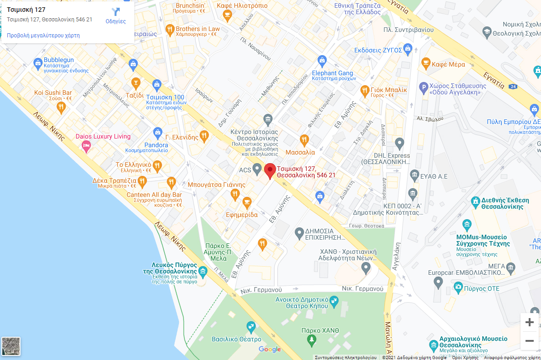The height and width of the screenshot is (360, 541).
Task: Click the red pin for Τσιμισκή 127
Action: point(270,170)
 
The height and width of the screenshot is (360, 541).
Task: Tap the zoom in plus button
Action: point(529,322)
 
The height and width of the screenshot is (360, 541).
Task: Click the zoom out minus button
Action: point(529,340)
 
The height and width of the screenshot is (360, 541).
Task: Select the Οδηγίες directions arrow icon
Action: point(116,12)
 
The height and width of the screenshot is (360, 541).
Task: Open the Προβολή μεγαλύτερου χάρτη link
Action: point(43,35)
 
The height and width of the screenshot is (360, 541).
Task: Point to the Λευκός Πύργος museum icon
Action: point(203,272)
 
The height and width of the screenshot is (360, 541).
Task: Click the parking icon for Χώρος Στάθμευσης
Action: point(423,87)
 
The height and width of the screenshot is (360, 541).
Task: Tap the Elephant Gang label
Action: point(332,73)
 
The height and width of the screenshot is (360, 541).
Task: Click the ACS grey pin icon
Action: point(257,170)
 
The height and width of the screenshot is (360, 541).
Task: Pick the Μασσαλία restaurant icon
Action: point(304,140)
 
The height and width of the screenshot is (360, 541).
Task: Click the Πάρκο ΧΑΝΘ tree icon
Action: point(311,339)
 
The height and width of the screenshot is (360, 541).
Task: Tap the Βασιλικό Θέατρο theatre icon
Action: point(250,327)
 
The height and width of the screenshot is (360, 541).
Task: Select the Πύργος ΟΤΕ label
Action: point(482,288)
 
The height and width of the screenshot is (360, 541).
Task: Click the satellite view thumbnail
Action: point(11,346)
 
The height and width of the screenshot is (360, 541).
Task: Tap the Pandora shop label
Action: point(156,145)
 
